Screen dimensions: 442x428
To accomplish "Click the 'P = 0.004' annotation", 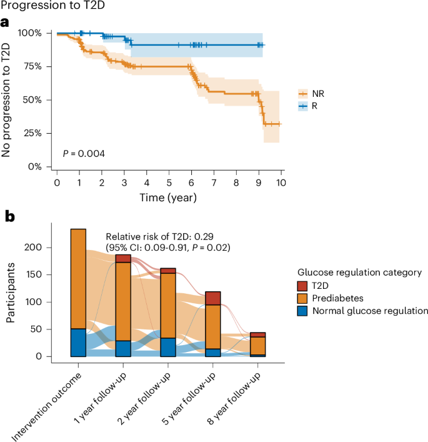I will [82, 153].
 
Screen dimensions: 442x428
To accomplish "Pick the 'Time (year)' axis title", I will [169, 198].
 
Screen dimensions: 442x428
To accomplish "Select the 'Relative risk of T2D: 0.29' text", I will [159, 236].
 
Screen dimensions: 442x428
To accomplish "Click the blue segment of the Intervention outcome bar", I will [78, 342].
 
